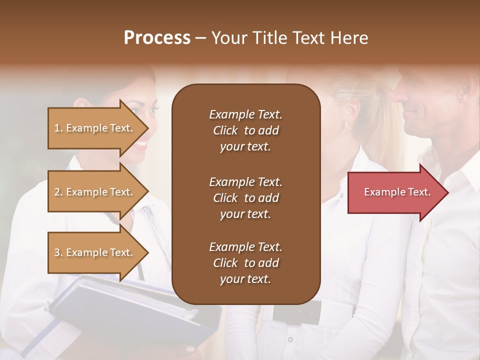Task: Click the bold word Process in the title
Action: coord(157,38)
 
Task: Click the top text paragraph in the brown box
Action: coord(245,130)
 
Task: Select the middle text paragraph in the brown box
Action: coord(245,198)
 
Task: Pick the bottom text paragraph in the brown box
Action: coord(245,263)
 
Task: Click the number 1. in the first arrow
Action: coord(58,128)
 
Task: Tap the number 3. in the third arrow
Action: coord(58,252)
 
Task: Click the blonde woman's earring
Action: coord(346,124)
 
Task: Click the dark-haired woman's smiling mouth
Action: coord(141,145)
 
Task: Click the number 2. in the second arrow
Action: coord(58,192)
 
